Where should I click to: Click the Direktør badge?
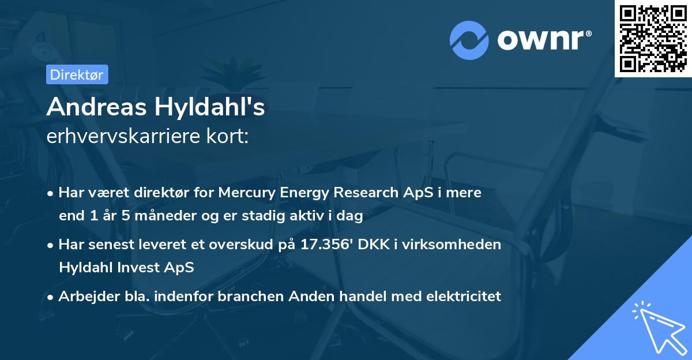(x=77, y=74)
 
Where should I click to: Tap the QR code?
(x=653, y=38)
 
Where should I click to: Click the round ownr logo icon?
(x=469, y=40)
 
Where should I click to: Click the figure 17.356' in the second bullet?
(x=326, y=245)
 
